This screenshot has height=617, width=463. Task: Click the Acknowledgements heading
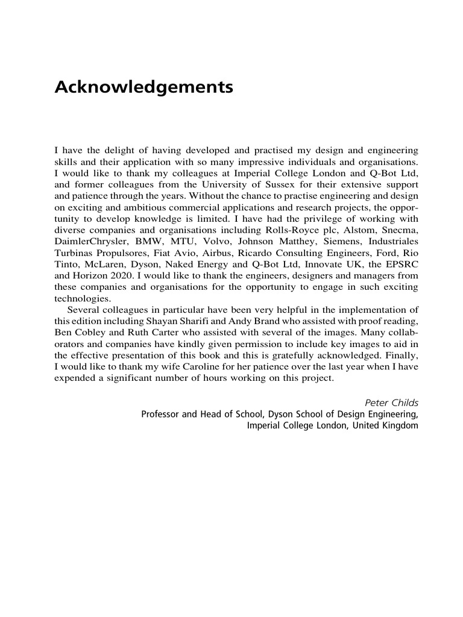click(143, 88)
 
